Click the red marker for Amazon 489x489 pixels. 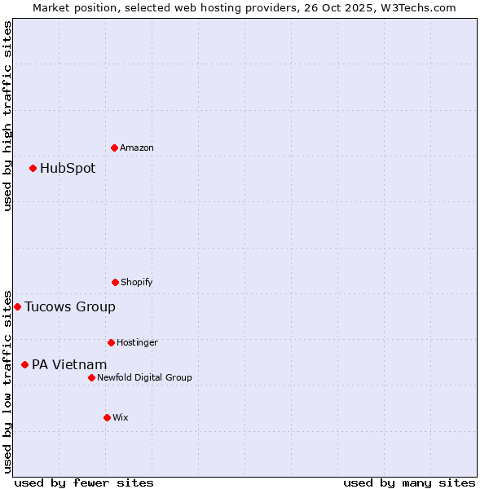pyautogui.click(x=114, y=148)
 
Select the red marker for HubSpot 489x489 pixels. pyautogui.click(x=33, y=169)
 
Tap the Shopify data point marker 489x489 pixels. pyautogui.click(x=115, y=282)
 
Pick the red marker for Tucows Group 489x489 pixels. pyautogui.click(x=17, y=307)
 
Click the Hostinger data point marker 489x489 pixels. pyautogui.click(x=111, y=342)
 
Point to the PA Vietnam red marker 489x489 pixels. pyautogui.click(x=24, y=365)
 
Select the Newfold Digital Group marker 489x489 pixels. pyautogui.click(x=91, y=377)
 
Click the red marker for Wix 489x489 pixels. pyautogui.click(x=107, y=417)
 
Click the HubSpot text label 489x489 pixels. pyautogui.click(x=68, y=169)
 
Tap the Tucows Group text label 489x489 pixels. pyautogui.click(x=70, y=307)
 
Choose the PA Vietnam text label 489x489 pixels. pyautogui.click(x=69, y=365)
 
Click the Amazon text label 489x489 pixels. pyautogui.click(x=137, y=148)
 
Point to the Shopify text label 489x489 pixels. pyautogui.click(x=137, y=282)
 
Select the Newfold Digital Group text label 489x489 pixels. pyautogui.click(x=144, y=377)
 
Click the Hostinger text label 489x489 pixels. pyautogui.click(x=137, y=342)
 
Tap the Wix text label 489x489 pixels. pyautogui.click(x=121, y=417)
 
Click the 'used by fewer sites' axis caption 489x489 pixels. pyautogui.click(x=84, y=482)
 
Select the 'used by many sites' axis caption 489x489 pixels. pyautogui.click(x=409, y=482)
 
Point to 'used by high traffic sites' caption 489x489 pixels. pyautogui.click(x=7, y=116)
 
